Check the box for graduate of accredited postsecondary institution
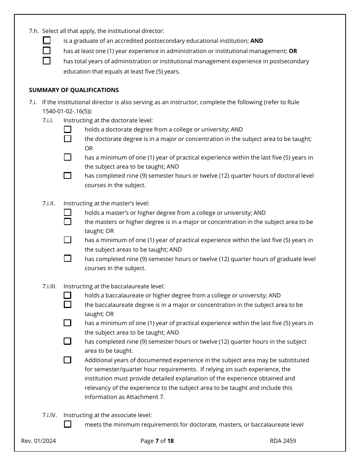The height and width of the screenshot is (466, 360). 47,41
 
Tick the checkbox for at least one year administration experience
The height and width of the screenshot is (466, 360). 47,50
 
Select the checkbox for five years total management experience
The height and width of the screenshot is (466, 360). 47,61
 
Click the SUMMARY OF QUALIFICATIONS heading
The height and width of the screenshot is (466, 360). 74,90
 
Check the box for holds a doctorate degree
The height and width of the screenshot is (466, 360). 67,129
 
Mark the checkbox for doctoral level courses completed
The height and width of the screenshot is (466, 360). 67,175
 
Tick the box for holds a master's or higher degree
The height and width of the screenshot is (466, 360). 67,213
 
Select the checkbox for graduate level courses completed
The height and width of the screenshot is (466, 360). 67,258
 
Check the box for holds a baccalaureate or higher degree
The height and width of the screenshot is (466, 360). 67,295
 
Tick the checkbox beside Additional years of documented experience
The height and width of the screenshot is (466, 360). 67,360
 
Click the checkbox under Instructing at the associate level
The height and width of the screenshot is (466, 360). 67,424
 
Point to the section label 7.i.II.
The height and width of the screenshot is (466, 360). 49,203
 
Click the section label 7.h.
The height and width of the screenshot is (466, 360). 34,31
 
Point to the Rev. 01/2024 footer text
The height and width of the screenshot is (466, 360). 39,441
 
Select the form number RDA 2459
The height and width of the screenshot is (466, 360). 283,441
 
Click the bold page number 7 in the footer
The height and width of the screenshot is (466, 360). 157,441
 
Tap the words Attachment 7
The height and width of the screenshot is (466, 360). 148,397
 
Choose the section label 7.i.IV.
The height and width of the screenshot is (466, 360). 49,415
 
